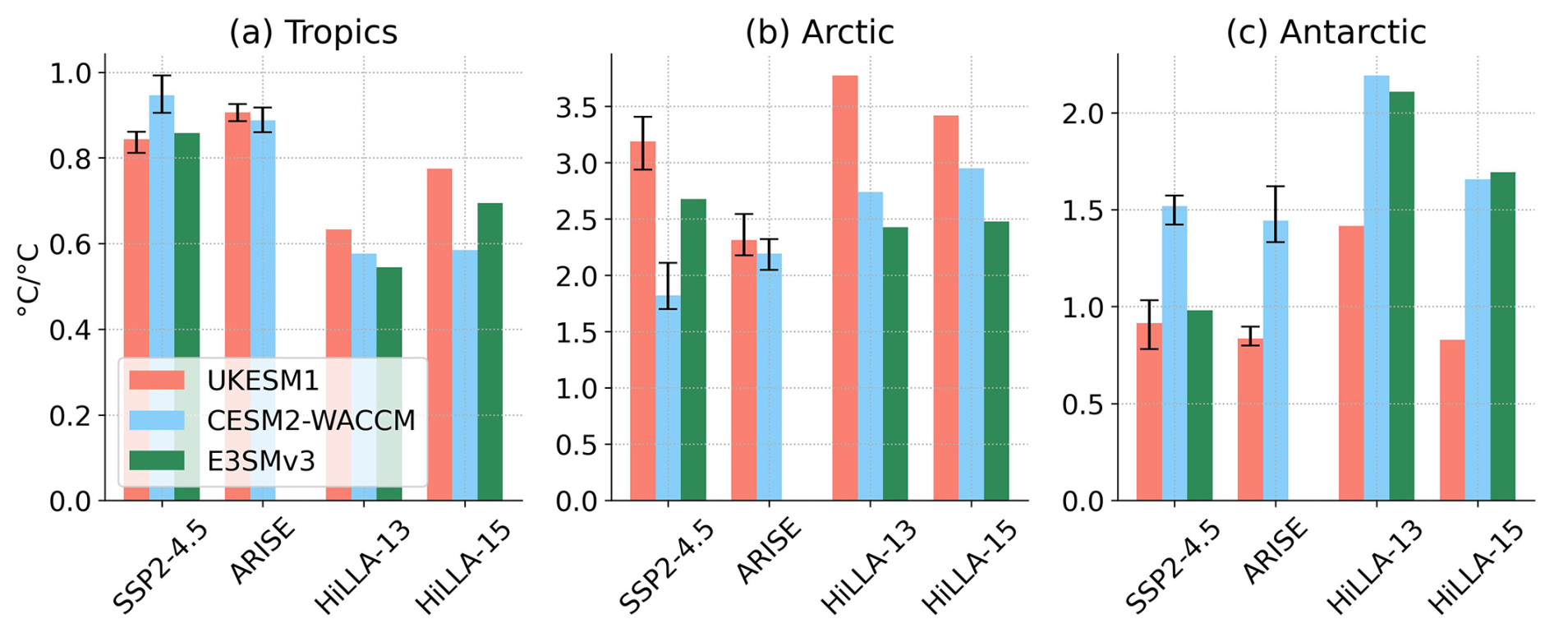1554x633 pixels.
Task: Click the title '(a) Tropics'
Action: coord(313,33)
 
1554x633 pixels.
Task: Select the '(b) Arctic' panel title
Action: coord(819,33)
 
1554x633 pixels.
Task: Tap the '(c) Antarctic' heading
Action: coord(1326,33)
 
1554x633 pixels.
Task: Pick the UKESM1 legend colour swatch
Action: coord(157,380)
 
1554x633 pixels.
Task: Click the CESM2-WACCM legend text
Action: coord(310,420)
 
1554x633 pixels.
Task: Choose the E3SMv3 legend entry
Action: coord(261,460)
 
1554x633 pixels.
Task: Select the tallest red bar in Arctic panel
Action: coord(844,288)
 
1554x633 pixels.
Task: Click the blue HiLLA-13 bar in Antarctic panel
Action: coord(1376,288)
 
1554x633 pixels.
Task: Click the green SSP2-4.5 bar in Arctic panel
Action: coord(692,349)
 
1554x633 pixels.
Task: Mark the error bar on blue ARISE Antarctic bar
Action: coord(1275,214)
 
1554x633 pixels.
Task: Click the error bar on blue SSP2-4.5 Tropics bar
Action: coord(162,94)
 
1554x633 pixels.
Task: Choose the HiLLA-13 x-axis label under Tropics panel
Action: coord(361,567)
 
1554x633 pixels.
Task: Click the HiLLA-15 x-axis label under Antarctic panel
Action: coord(1475,567)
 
